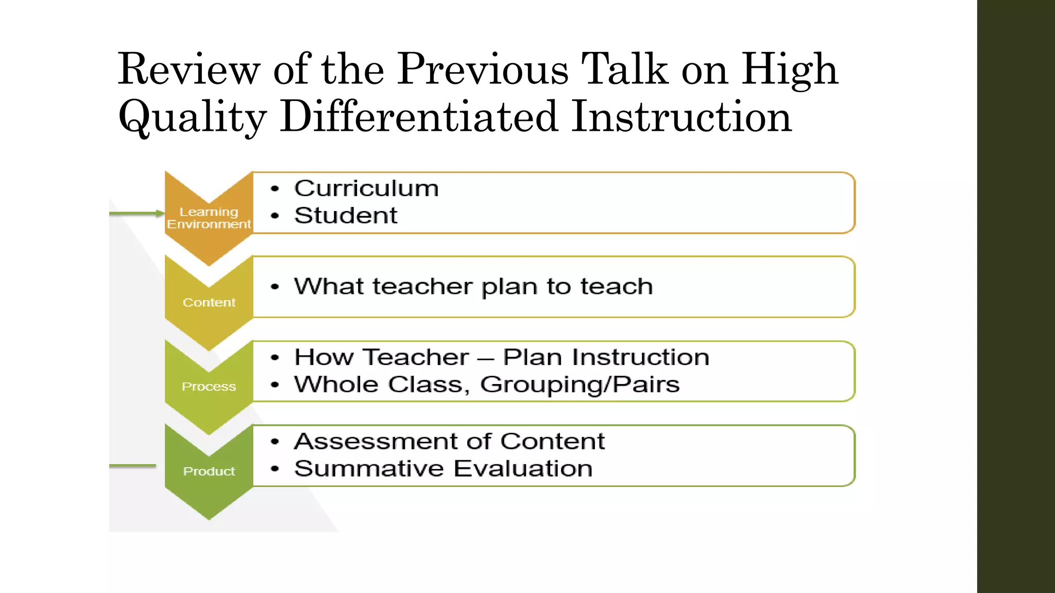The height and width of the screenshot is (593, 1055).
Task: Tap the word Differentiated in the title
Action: (x=419, y=117)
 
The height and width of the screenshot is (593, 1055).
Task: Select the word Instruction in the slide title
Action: (x=681, y=117)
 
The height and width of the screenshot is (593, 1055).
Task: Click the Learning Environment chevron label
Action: (x=209, y=218)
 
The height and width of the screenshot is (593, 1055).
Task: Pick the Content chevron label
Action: (x=209, y=303)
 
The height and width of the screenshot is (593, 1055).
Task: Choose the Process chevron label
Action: (x=209, y=387)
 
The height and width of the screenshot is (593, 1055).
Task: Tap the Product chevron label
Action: (x=209, y=471)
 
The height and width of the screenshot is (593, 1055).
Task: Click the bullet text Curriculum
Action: (x=366, y=188)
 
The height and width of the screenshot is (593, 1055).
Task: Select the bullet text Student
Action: (x=346, y=215)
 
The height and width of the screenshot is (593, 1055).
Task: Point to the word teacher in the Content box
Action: (x=423, y=286)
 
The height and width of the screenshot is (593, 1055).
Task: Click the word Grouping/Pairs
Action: (x=580, y=385)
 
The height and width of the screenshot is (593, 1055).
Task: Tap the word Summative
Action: (x=369, y=468)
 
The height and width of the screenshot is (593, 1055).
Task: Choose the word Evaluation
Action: (x=523, y=468)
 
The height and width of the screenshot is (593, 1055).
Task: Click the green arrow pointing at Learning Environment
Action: (x=137, y=213)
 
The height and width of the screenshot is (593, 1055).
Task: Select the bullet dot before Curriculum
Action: (x=275, y=189)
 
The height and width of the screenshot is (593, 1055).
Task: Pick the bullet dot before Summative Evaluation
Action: (x=275, y=469)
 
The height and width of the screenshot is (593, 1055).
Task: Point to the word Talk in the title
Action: (x=624, y=69)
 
